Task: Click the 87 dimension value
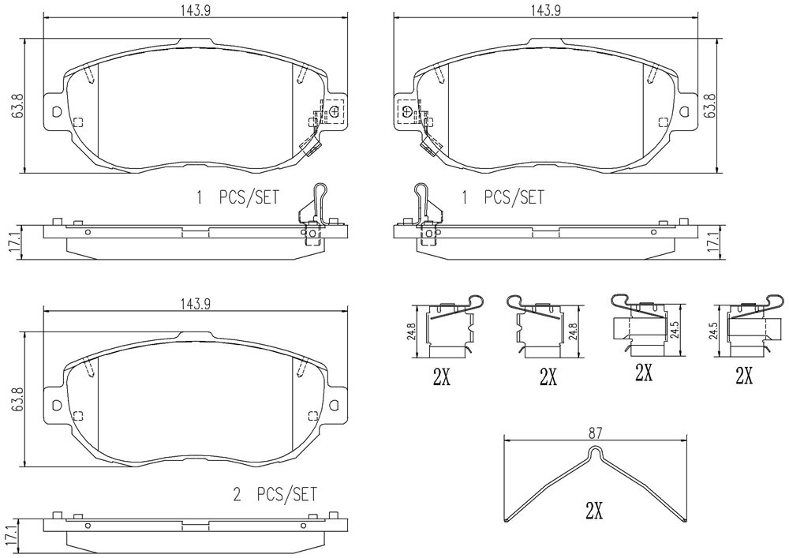click(x=595, y=433)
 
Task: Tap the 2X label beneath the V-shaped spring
click(x=594, y=511)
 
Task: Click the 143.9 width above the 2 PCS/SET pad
click(x=195, y=304)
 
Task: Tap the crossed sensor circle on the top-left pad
click(x=335, y=112)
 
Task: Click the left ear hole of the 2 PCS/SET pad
click(x=56, y=404)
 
